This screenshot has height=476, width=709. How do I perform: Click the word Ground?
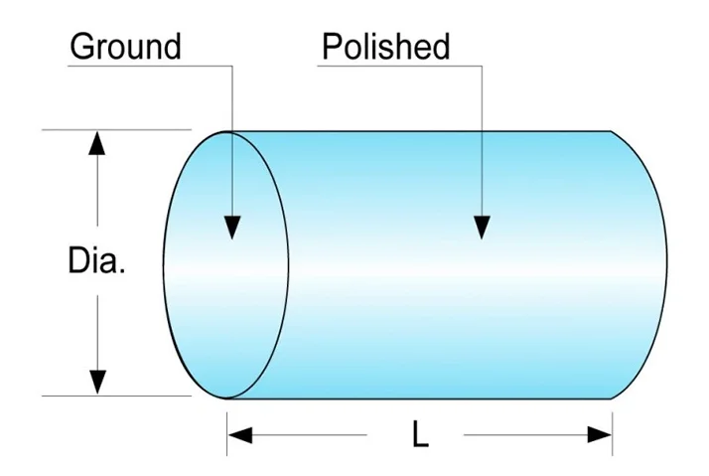coord(125,47)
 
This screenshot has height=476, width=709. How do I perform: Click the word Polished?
coord(385,47)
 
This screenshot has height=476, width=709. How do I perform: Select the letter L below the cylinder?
coord(420,434)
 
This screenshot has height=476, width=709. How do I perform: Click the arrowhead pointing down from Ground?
coord(230,226)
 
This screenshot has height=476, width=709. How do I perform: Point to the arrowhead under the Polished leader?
coord(482,226)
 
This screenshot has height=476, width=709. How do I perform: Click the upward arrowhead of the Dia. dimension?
coord(96,144)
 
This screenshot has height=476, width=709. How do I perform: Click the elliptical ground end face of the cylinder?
coord(213,298)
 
